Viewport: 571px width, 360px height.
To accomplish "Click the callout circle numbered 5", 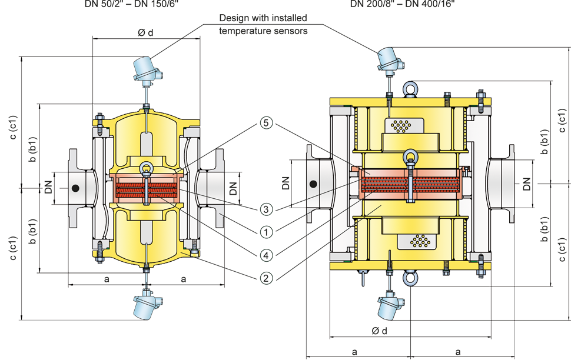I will pyautogui.click(x=267, y=124).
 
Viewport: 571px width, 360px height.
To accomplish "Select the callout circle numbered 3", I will pyautogui.click(x=267, y=209).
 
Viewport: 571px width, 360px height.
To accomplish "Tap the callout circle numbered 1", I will pyautogui.click(x=267, y=232).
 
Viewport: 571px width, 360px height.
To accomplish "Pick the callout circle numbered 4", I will pyautogui.click(x=267, y=255).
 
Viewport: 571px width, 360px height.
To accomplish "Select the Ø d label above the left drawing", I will pyautogui.click(x=145, y=33).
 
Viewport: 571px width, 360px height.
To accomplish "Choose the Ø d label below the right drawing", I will pyautogui.click(x=380, y=331).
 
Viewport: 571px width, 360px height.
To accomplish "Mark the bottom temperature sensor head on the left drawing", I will pyautogui.click(x=144, y=305).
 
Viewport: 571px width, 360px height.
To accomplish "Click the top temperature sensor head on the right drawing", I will pyautogui.click(x=388, y=57).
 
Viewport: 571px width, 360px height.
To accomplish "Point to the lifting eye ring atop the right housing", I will pyautogui.click(x=409, y=89).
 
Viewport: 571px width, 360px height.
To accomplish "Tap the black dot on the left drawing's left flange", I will pyautogui.click(x=75, y=188).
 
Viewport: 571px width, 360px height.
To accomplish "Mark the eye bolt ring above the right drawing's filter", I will pyautogui.click(x=410, y=158).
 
